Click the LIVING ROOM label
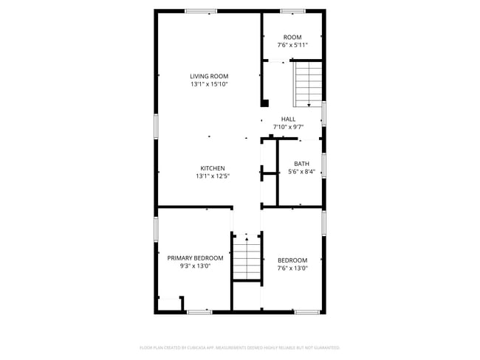208,76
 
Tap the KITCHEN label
213,168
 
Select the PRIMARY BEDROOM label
195,258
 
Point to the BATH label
301,164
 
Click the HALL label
288,119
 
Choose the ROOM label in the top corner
292,38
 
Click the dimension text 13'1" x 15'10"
208,84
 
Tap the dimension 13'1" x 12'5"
213,176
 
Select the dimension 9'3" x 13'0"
195,266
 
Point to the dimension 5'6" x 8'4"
301,172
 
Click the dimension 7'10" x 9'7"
288,127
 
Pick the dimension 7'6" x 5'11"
292,46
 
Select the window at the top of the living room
201,11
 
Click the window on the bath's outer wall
323,165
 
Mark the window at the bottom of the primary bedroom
199,312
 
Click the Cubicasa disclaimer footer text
239,347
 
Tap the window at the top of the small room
292,11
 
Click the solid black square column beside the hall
264,104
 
